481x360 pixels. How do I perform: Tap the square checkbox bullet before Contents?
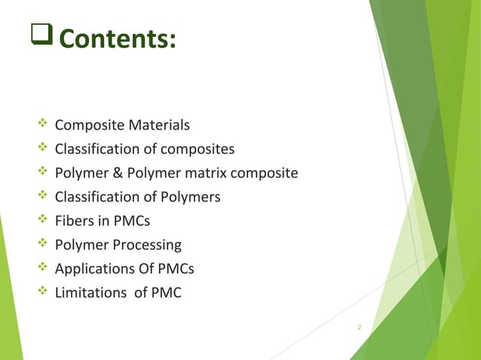[x=41, y=36]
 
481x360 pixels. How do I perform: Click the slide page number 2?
[x=360, y=328]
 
